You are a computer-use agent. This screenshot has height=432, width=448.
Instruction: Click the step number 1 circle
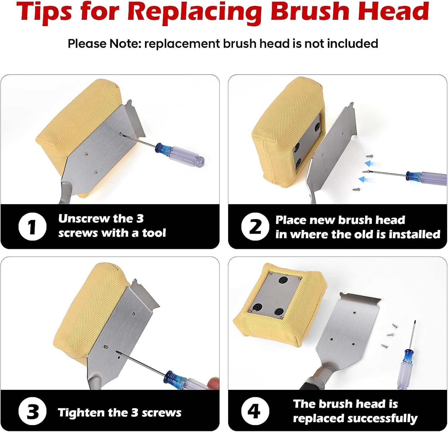(x=32, y=227)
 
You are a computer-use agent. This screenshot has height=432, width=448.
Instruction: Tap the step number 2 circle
(x=255, y=227)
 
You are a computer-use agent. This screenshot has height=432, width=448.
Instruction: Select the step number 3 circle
(x=32, y=412)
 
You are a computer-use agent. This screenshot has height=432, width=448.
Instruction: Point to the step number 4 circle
(x=255, y=411)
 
